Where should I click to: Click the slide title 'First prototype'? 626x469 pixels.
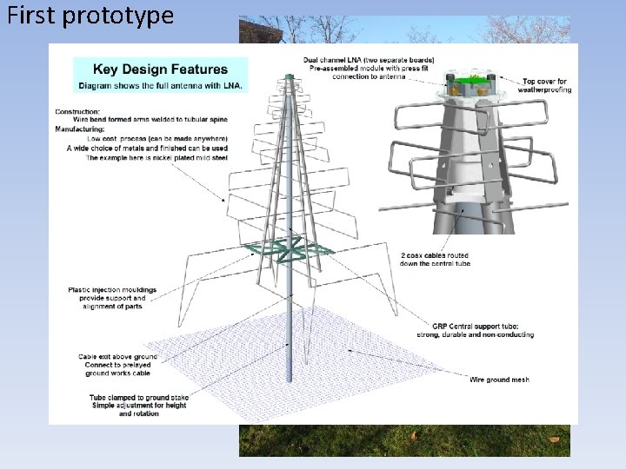[x=90, y=16]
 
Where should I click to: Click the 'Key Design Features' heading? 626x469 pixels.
[x=161, y=69]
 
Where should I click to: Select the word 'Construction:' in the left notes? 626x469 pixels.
[x=77, y=111]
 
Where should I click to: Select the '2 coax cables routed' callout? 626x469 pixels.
[x=435, y=255]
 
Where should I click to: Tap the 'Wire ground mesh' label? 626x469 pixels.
[x=499, y=380]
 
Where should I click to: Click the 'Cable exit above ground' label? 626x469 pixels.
[x=117, y=356]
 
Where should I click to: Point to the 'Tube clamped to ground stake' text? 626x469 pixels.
[x=139, y=397]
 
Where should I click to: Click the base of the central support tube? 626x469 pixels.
[x=290, y=377]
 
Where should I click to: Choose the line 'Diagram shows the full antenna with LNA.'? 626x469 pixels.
[x=162, y=85]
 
